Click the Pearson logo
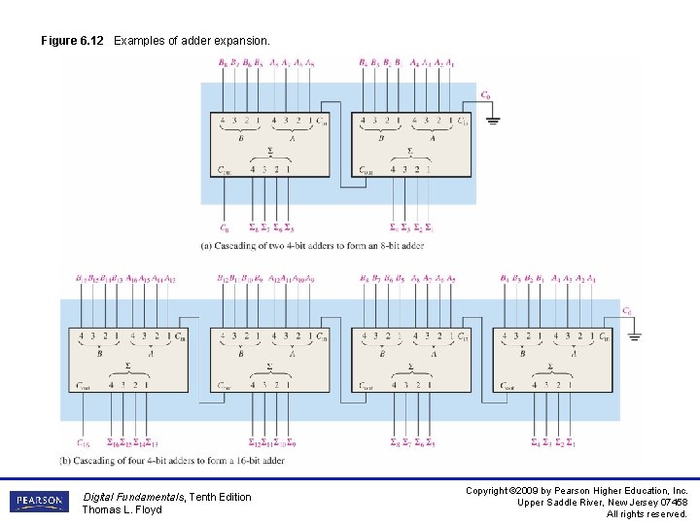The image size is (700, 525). point(40,502)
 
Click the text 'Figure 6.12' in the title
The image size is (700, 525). point(72,41)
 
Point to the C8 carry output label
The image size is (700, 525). point(226,228)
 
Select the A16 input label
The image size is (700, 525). point(132,279)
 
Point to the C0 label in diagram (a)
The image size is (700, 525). point(485,94)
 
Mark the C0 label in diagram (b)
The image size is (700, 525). point(628,311)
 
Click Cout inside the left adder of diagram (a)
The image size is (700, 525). point(226,169)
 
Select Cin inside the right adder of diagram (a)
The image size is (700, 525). point(462,122)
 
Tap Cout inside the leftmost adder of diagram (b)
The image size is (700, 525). point(85,385)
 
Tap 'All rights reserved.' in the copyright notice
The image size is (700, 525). point(647,514)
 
